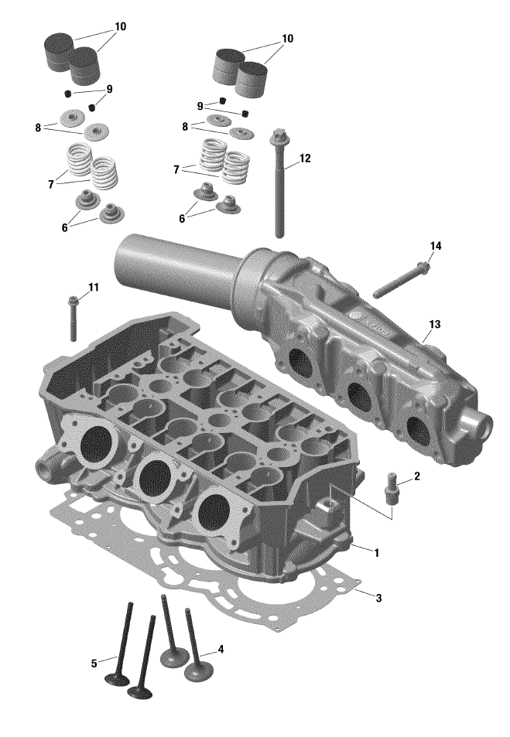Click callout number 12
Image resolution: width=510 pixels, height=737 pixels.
(304, 159)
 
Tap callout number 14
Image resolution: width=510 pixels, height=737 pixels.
(436, 246)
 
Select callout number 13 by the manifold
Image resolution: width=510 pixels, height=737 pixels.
(434, 324)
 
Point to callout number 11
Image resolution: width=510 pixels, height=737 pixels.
(93, 288)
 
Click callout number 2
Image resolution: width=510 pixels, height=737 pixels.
(416, 476)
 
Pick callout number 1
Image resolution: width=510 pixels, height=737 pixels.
(376, 553)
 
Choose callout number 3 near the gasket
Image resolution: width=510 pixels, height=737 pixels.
(378, 598)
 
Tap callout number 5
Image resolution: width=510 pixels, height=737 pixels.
(94, 663)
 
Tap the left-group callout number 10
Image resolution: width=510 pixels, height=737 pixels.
(120, 26)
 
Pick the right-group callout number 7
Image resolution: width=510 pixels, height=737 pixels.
(176, 169)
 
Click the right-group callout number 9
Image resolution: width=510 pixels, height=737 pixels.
(200, 106)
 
